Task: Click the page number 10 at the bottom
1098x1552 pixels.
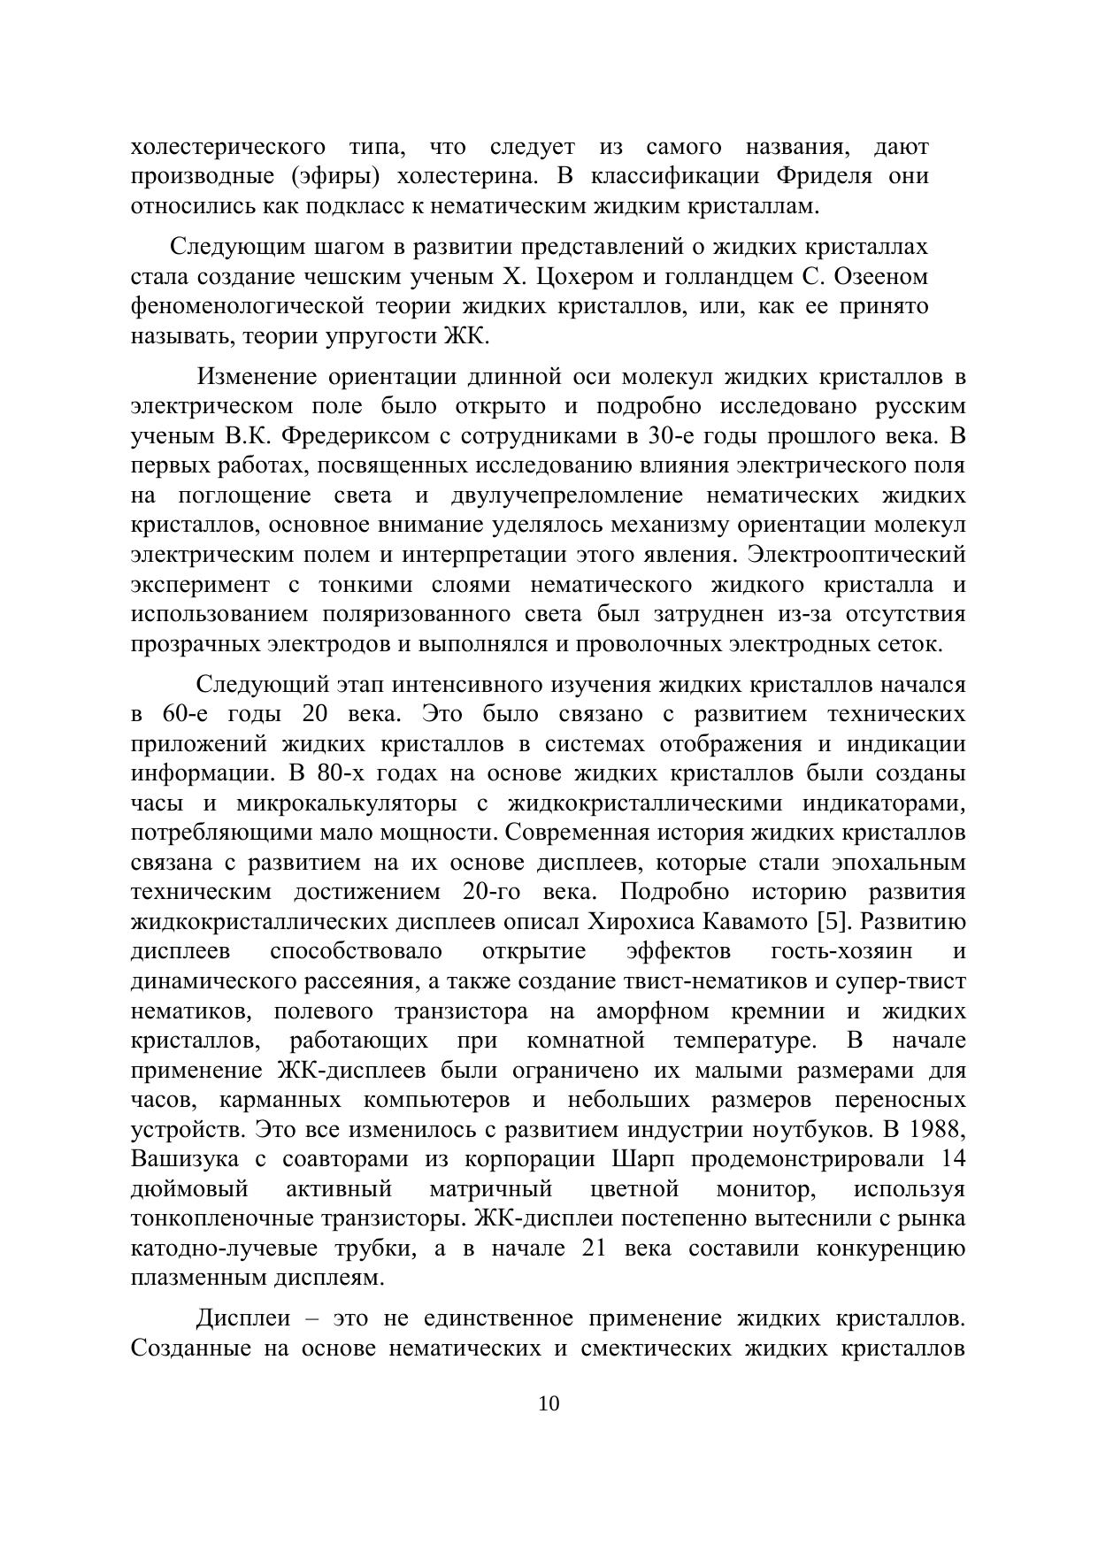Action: pos(549,1404)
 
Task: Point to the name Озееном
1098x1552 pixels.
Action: pos(879,277)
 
